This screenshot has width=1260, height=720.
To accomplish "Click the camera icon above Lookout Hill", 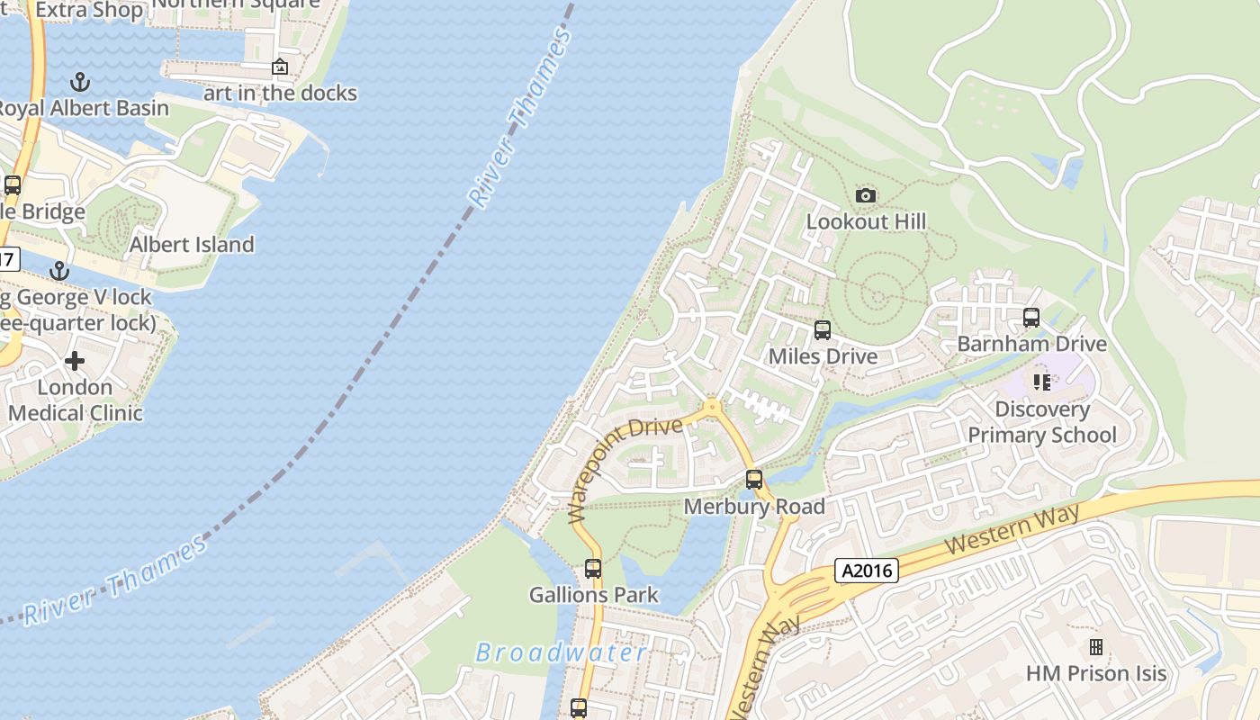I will (866, 195).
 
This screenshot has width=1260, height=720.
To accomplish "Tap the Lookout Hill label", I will (866, 221).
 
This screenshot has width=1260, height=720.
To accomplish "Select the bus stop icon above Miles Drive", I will (822, 330).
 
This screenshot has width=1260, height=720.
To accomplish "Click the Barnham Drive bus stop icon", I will (1031, 318).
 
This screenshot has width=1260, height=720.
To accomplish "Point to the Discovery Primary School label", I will (1042, 422).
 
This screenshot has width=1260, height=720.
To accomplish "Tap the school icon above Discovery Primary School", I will (1042, 382).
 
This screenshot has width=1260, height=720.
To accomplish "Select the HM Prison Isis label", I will (1096, 673).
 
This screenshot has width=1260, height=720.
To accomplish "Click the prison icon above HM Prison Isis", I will (1096, 647).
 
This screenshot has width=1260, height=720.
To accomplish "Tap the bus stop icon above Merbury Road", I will (754, 480).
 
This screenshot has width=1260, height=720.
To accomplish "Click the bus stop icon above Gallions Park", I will (593, 569).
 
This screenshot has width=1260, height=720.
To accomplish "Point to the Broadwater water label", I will (561, 652).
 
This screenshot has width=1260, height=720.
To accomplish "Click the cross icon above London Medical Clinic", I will (75, 361).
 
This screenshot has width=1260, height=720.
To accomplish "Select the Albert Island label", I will (192, 244).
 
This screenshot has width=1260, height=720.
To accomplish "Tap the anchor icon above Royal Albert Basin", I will (81, 82).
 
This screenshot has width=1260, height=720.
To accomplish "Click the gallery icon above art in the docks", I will (280, 67).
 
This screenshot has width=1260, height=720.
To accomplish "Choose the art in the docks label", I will (280, 93).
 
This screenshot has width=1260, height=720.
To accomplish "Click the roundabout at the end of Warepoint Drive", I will (713, 408).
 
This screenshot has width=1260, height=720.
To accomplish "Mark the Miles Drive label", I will (822, 356).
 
